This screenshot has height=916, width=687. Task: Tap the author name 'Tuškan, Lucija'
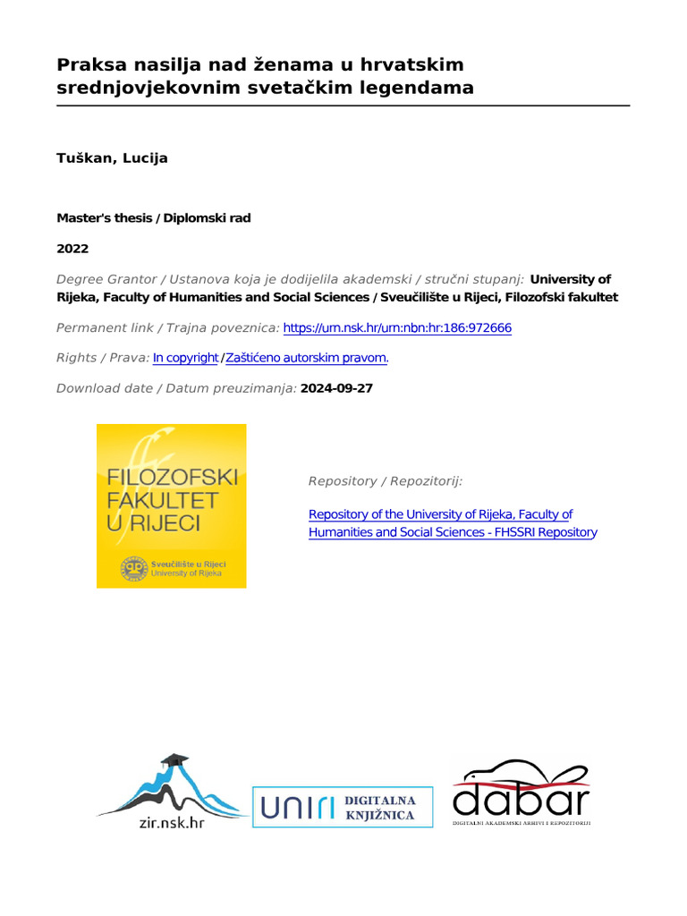coord(112,158)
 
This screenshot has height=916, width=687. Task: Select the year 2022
coord(72,249)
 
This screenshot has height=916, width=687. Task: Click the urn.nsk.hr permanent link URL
coord(397,328)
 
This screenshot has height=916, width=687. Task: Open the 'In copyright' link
coord(185,358)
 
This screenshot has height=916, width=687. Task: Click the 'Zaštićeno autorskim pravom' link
coord(307,358)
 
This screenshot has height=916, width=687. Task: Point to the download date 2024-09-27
coord(336,388)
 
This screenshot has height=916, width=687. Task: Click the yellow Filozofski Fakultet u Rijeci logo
coord(171,505)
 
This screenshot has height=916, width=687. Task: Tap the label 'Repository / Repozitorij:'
coord(385,481)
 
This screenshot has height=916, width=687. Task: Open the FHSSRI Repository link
coord(452,523)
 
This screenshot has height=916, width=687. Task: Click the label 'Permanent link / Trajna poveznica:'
coord(167,328)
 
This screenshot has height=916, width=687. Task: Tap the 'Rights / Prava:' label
coord(102,358)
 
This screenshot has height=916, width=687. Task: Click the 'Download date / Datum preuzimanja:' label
coord(176,388)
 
